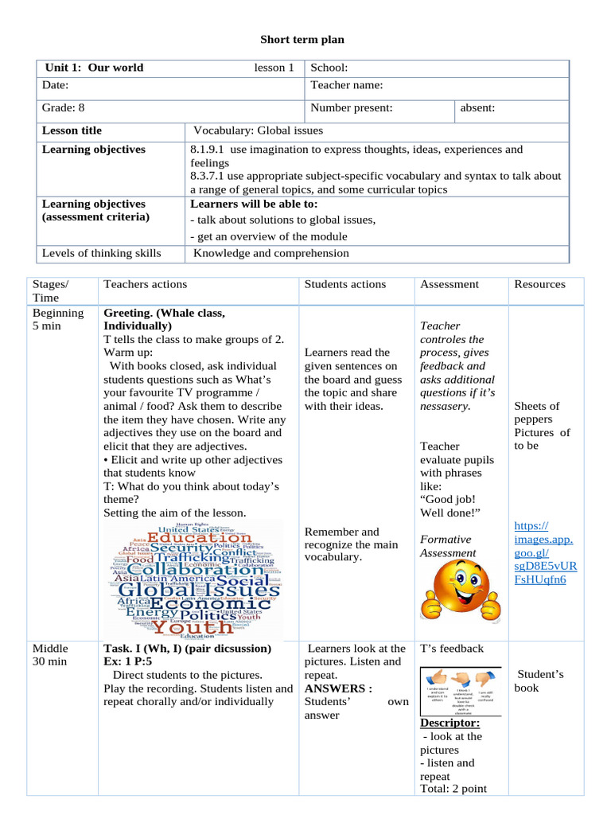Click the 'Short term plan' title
pyautogui.click(x=303, y=40)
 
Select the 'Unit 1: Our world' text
pyautogui.click(x=94, y=68)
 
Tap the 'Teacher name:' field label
pyautogui.click(x=347, y=85)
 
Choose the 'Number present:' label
pyautogui.click(x=352, y=108)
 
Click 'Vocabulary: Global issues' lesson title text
pyautogui.click(x=259, y=131)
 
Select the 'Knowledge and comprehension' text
pyautogui.click(x=271, y=253)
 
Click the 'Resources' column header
pyautogui.click(x=539, y=284)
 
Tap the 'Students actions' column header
pyautogui.click(x=345, y=284)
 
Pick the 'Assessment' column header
pyautogui.click(x=449, y=284)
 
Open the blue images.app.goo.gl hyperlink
pyautogui.click(x=545, y=552)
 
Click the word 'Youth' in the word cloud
pyautogui.click(x=188, y=627)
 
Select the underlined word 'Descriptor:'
pyautogui.click(x=449, y=723)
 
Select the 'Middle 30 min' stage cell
pyautogui.click(x=50, y=655)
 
